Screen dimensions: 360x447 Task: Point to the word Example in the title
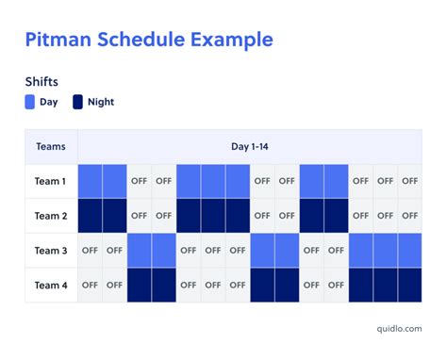pos(232,40)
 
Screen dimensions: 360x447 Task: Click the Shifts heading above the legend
pos(42,82)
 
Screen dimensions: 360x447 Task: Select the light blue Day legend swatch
pos(31,102)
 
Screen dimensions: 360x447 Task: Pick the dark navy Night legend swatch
pos(78,102)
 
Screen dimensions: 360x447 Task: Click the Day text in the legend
pos(49,102)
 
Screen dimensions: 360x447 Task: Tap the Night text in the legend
pos(100,102)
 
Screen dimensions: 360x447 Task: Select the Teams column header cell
pos(51,146)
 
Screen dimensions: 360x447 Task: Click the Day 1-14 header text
pos(250,146)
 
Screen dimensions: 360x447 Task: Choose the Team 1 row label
pos(51,180)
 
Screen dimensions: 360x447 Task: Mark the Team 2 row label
pos(51,215)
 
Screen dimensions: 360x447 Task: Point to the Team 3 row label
pos(51,250)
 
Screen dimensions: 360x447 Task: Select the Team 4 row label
pos(51,285)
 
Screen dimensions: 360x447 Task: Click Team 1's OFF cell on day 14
pos(409,180)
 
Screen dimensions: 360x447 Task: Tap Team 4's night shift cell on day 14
pos(409,285)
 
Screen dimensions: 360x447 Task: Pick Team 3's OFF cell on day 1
pos(91,250)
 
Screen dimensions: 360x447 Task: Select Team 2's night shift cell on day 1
pos(91,215)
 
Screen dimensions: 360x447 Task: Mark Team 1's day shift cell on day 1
pos(91,180)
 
